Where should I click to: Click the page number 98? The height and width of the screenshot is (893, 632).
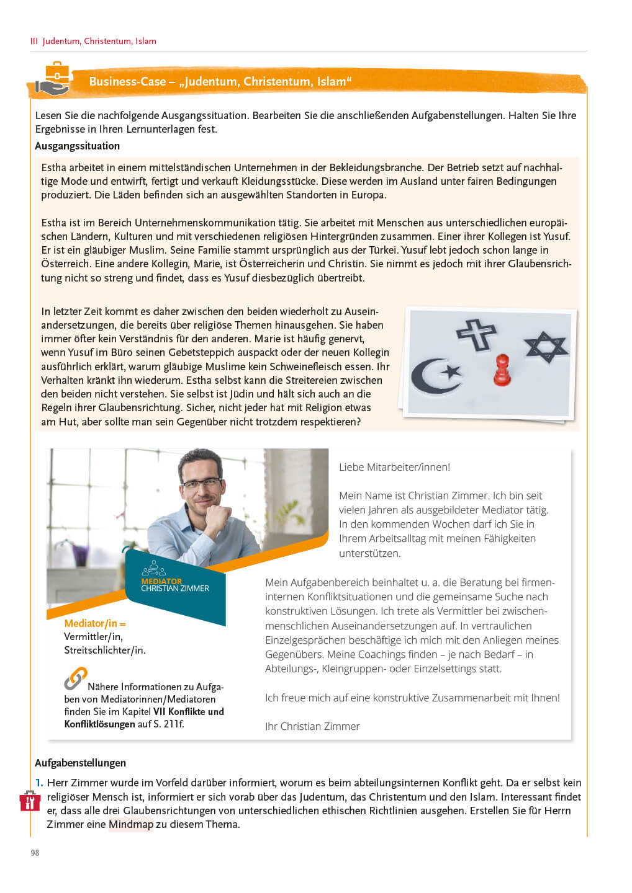(35, 853)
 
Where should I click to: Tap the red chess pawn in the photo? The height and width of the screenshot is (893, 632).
(502, 370)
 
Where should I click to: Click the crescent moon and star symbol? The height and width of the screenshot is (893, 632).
(436, 375)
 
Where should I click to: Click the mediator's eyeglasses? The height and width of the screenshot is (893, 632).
(201, 484)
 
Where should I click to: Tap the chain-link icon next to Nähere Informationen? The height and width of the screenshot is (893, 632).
(75, 678)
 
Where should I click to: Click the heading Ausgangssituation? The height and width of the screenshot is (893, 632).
(77, 146)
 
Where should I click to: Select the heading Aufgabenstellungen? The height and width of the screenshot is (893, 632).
(80, 763)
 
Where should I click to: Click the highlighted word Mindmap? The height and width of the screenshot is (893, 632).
(130, 824)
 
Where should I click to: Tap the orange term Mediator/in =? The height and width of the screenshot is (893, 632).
(94, 623)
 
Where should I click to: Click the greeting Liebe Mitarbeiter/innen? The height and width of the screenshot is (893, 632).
(394, 467)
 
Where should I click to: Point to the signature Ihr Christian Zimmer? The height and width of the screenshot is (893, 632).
(312, 726)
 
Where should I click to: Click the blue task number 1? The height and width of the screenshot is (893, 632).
(38, 783)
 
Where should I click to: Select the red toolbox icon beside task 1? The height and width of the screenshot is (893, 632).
(29, 801)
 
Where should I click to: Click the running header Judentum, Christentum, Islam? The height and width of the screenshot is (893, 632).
(99, 41)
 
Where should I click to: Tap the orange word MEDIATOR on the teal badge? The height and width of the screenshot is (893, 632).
(161, 581)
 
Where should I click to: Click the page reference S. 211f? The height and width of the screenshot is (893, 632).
(169, 724)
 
